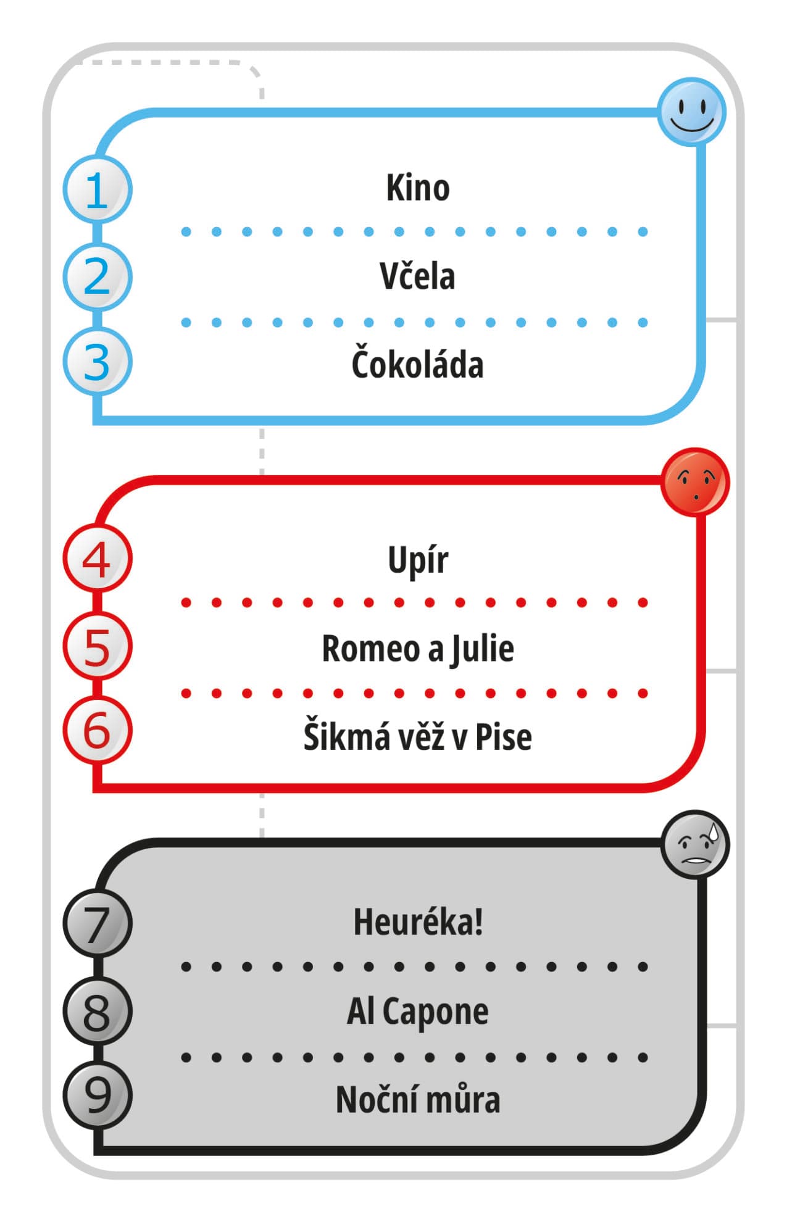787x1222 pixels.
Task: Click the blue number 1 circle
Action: coord(98,190)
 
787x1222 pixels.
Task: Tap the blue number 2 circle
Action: coord(98,277)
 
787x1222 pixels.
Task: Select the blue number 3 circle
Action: coord(98,362)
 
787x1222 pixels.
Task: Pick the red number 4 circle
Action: coord(98,559)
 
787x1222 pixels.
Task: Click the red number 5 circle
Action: coord(98,647)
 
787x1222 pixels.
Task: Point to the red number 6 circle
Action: coord(98,731)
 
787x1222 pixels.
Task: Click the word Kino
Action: coord(418,188)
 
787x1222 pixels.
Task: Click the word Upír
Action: coord(418,560)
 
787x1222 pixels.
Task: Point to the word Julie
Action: coord(482,649)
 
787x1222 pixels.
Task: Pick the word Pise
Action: coord(504,737)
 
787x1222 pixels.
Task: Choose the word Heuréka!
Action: coord(418,922)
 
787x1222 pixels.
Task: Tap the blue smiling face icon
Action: coord(691,112)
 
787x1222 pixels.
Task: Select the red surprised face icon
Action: coord(695,483)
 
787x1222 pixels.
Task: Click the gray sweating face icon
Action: coord(695,845)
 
